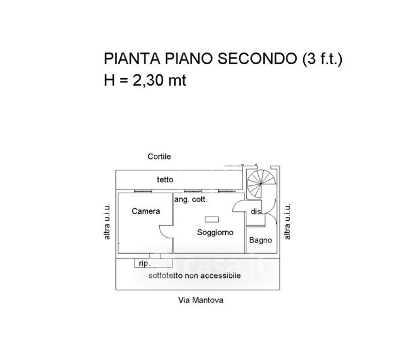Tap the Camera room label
[146, 211]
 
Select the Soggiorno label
[215, 232]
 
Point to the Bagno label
[261, 240]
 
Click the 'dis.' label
[256, 211]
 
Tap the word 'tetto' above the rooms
[165, 179]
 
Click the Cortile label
[160, 157]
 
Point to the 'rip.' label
[144, 263]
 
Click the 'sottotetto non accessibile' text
[195, 275]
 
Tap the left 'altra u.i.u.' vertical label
[108, 222]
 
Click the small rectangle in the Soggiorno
[212, 218]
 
